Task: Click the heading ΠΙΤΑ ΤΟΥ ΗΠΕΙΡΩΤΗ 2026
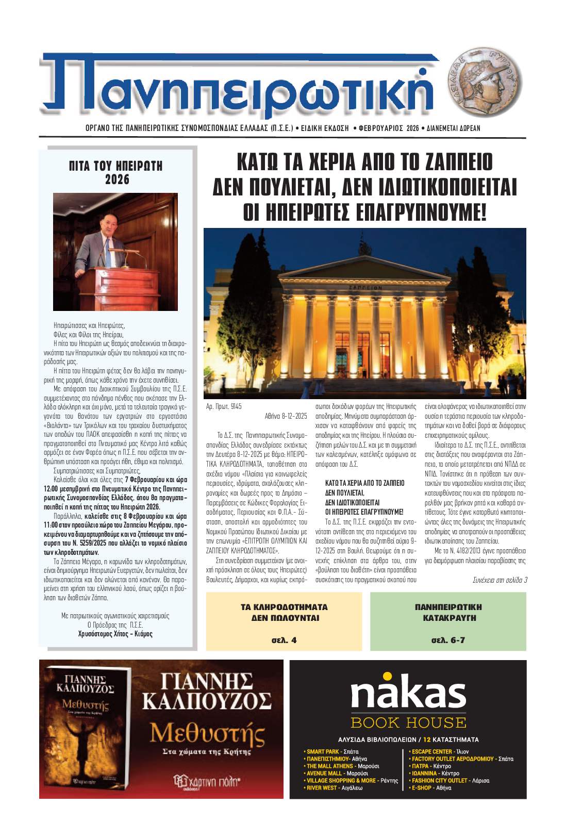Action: pyautogui.click(x=115, y=173)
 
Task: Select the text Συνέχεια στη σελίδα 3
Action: pyautogui.click(x=500, y=580)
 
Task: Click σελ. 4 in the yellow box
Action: pyautogui.click(x=284, y=640)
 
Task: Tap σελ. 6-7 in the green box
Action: pyautogui.click(x=448, y=640)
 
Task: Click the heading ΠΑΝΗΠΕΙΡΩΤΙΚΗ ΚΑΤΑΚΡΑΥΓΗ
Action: pyautogui.click(x=448, y=612)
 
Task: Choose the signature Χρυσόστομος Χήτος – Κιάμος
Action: pyautogui.click(x=115, y=634)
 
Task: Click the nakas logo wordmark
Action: pyautogui.click(x=408, y=691)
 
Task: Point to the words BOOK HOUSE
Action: pyautogui.click(x=408, y=722)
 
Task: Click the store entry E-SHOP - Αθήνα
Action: pyautogui.click(x=431, y=788)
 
